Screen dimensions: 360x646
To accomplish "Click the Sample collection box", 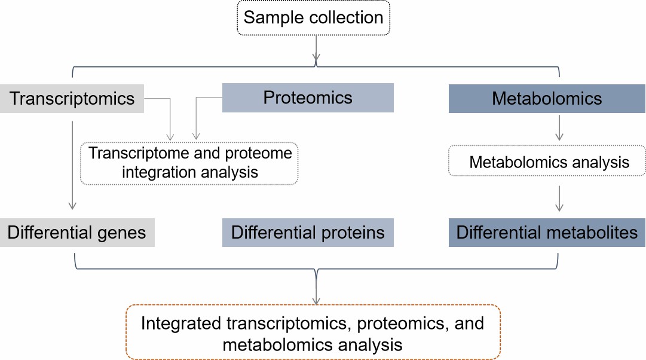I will point(313,17).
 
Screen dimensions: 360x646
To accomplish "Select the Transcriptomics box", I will point(72,98).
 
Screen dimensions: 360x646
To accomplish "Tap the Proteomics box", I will point(308,97).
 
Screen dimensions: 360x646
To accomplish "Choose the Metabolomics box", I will point(547,98).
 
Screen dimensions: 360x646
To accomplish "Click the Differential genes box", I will point(76,233).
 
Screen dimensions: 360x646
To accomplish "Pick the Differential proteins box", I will point(308,233).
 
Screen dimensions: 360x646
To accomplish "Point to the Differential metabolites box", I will point(547,233).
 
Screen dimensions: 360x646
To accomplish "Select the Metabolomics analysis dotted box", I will point(547,161).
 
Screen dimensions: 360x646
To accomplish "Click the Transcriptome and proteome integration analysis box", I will point(189,163).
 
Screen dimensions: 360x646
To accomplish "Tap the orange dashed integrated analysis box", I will point(313,332).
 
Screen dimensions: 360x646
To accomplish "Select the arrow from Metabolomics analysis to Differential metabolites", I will point(559,199).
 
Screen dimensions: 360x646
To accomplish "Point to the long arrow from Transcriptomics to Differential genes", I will point(72,164).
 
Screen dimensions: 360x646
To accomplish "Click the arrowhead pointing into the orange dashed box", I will point(316,300).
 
